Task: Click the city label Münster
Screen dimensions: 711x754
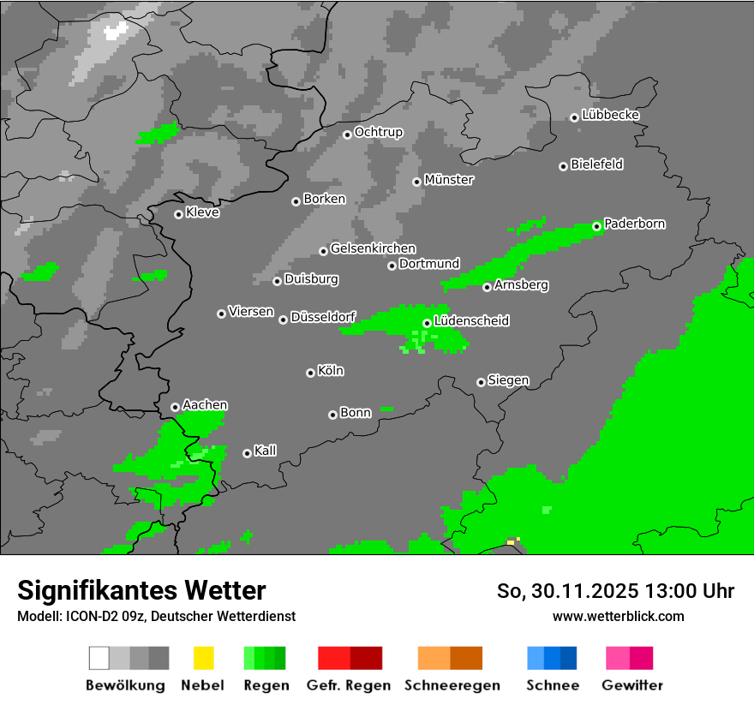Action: point(449,180)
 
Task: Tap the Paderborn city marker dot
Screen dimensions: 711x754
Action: point(597,226)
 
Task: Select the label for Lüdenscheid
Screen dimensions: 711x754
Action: point(471,321)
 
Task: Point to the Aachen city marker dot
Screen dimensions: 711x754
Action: point(175,407)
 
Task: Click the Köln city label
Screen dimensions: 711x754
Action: point(331,371)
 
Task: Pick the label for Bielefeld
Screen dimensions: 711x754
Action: point(596,164)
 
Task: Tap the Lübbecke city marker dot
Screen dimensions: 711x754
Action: point(574,117)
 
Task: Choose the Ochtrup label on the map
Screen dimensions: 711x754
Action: point(378,133)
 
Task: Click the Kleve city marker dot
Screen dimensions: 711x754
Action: point(178,214)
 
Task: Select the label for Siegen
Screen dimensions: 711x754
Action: point(508,380)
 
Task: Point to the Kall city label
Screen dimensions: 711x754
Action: point(266,451)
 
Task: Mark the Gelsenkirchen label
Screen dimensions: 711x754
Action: point(373,249)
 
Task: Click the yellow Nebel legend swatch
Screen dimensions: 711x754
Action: point(203,658)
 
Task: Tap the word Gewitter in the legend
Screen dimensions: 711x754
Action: point(632,685)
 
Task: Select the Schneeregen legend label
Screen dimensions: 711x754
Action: point(452,685)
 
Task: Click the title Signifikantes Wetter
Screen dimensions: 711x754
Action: point(141,590)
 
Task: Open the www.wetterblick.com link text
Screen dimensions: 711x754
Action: point(618,616)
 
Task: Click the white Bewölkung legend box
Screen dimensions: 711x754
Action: point(99,658)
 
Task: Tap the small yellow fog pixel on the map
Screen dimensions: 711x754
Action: point(511,542)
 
